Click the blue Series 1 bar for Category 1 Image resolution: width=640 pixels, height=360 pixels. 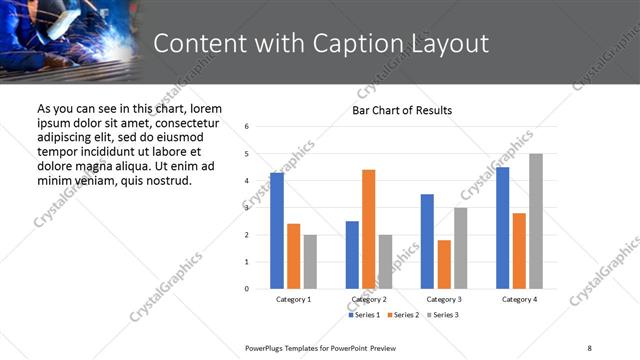click(277, 231)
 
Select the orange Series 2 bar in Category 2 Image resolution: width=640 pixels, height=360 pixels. click(368, 229)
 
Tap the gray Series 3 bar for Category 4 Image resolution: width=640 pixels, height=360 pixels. click(536, 221)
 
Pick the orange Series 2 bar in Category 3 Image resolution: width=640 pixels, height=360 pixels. click(444, 264)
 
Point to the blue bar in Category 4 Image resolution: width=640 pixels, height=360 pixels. click(503, 228)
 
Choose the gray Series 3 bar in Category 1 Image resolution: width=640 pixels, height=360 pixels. click(310, 262)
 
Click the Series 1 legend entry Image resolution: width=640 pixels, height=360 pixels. click(364, 315)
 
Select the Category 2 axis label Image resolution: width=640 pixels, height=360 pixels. click(369, 299)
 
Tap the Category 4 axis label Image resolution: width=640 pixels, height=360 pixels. click(519, 299)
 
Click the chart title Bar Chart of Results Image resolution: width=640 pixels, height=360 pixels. click(402, 110)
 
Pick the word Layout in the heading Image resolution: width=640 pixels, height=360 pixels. click(449, 44)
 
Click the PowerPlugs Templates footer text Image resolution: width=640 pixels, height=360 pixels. click(320, 347)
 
